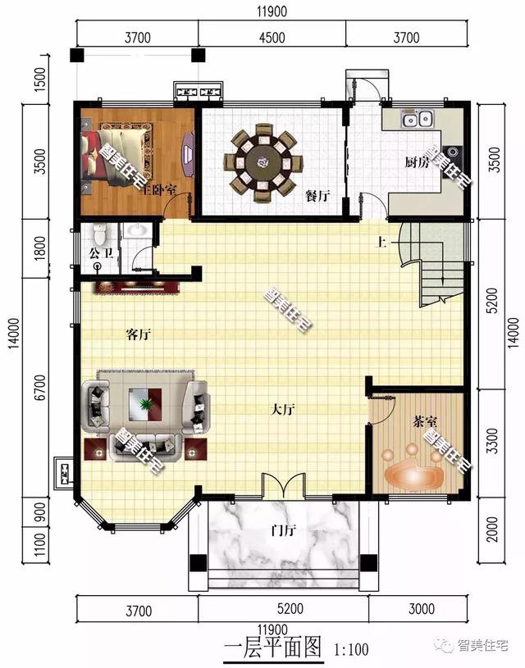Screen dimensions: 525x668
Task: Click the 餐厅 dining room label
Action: click(x=317, y=196)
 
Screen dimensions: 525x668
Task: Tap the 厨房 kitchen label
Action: click(x=417, y=162)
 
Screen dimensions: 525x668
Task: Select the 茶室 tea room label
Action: click(x=425, y=422)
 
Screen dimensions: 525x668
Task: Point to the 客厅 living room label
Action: click(x=139, y=334)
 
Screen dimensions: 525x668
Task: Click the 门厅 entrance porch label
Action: click(x=284, y=530)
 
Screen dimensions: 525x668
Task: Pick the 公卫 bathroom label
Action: click(x=102, y=253)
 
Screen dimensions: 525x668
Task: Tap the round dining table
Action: click(x=263, y=162)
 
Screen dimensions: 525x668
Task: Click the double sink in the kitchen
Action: click(x=417, y=119)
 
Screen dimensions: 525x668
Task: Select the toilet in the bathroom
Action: click(x=99, y=233)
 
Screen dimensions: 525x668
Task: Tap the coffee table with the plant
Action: click(x=145, y=404)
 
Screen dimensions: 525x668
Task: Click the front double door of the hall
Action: click(x=284, y=486)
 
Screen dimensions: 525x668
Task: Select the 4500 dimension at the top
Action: click(x=272, y=38)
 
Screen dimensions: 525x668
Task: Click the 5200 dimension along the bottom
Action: click(x=290, y=609)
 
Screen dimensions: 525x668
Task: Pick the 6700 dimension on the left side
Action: click(x=39, y=387)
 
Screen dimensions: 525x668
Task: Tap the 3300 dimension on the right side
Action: click(x=491, y=441)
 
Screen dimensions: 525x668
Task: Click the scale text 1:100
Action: click(x=351, y=649)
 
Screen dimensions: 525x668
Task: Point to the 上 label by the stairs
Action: click(x=381, y=243)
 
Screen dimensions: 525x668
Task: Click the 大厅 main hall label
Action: click(x=283, y=410)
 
